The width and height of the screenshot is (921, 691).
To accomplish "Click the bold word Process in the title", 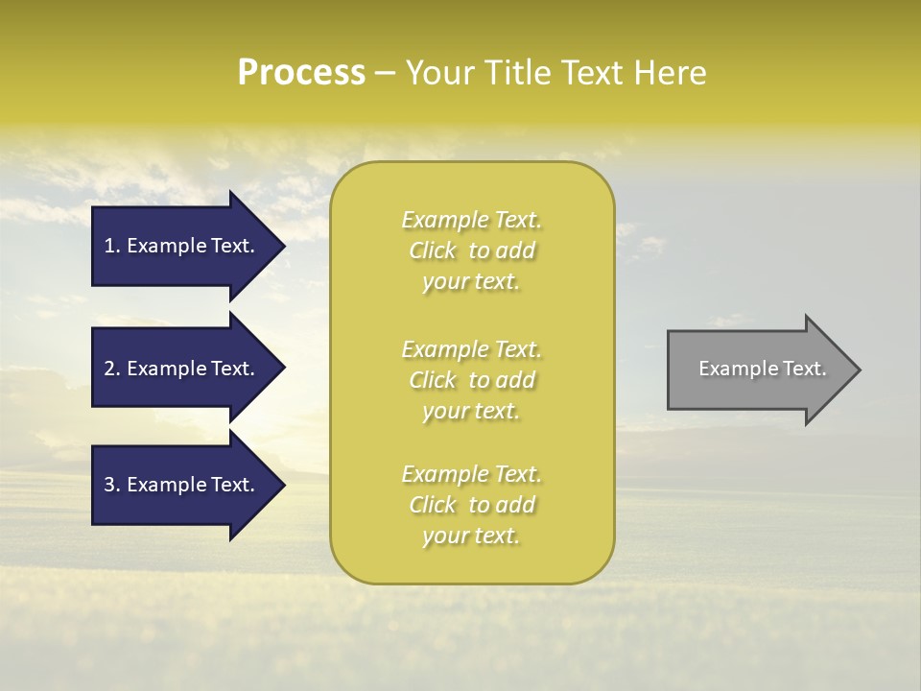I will click(x=301, y=73).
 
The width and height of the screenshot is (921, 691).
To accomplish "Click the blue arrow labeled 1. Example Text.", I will click(x=182, y=246).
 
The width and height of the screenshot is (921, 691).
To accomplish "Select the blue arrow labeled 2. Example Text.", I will click(x=182, y=369).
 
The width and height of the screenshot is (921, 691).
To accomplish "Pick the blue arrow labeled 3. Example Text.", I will click(x=182, y=485).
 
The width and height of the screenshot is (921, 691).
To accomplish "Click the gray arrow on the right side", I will click(x=758, y=369).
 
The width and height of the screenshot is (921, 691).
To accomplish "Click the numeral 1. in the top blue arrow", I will click(x=111, y=246).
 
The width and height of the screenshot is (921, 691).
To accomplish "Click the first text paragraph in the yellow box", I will click(x=471, y=250).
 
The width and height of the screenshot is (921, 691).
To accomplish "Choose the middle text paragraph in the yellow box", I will click(x=471, y=379).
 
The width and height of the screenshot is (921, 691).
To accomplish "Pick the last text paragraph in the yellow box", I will click(x=471, y=505).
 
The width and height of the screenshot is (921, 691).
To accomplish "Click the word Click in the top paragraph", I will click(x=433, y=250).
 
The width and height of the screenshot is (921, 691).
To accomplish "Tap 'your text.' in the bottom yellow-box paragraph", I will click(x=471, y=536).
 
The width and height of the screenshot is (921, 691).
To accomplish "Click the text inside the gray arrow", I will click(x=762, y=369).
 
